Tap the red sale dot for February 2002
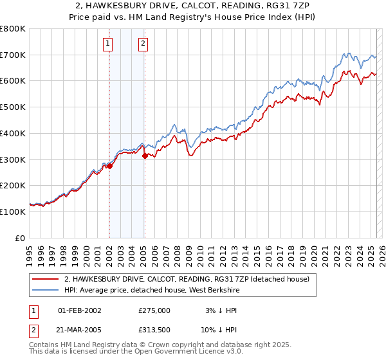point(109,166)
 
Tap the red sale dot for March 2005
point(145,156)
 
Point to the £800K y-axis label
point(12,29)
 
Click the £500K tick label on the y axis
point(12,107)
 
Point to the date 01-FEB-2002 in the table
point(79,310)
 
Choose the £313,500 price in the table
point(154,330)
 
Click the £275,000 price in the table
point(154,310)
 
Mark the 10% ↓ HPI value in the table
point(219,330)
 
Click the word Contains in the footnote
point(46,345)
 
